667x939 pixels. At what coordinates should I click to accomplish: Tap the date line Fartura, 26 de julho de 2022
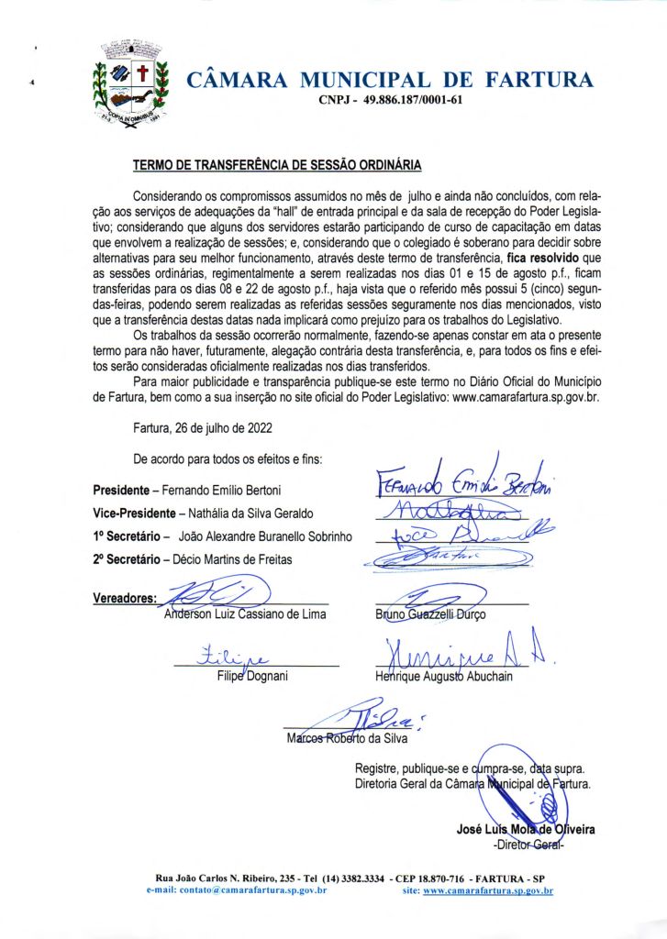pyautogui.click(x=203, y=427)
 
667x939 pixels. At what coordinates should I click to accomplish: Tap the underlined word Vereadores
pyautogui.click(x=125, y=599)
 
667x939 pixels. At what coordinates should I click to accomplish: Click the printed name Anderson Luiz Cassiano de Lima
pyautogui.click(x=245, y=613)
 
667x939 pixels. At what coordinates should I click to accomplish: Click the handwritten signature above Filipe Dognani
pyautogui.click(x=224, y=657)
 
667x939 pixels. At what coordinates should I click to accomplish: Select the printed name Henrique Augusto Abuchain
pyautogui.click(x=444, y=676)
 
